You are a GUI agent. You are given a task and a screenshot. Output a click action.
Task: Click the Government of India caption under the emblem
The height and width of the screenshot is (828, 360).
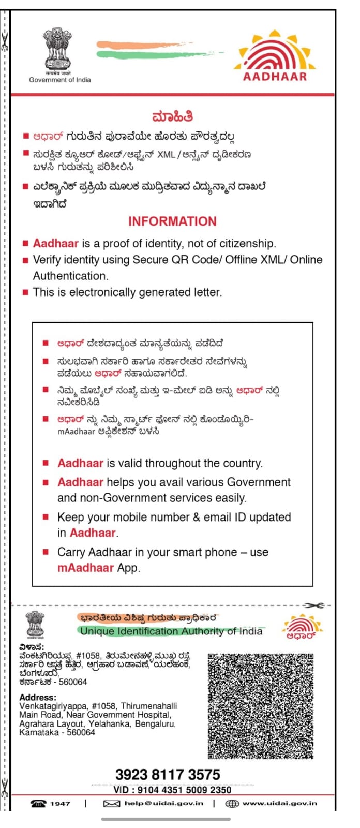click(x=60, y=80)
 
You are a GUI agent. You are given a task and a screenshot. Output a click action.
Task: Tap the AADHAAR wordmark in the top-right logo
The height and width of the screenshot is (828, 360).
click(x=275, y=77)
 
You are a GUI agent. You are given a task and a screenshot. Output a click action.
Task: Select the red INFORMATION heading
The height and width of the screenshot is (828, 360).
click(x=172, y=221)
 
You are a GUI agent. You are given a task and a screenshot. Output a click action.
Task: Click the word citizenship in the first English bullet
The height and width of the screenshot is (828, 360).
click(x=248, y=244)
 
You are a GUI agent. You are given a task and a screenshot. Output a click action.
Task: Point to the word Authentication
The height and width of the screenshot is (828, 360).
click(x=70, y=276)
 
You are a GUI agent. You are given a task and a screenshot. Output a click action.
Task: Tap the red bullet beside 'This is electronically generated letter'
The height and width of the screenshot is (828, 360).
click(x=25, y=292)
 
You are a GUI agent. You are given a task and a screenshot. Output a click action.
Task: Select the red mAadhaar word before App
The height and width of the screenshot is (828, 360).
click(x=85, y=568)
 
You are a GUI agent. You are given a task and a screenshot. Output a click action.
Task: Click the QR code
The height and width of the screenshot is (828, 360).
click(x=261, y=706)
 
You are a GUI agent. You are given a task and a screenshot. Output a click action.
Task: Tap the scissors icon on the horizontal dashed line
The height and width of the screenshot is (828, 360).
click(x=313, y=605)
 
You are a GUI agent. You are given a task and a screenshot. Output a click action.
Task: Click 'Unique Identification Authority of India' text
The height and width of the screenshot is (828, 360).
click(x=171, y=631)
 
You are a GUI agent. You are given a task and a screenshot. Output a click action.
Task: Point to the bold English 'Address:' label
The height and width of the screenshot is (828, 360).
click(x=38, y=697)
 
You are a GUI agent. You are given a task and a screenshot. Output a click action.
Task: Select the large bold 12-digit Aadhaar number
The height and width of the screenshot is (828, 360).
click(x=168, y=774)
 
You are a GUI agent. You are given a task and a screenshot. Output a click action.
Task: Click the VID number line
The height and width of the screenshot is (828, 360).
click(x=172, y=790)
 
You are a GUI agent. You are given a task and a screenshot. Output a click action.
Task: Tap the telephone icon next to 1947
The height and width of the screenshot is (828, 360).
click(x=38, y=804)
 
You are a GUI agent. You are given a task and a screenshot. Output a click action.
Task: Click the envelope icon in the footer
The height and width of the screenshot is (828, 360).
click(x=112, y=804)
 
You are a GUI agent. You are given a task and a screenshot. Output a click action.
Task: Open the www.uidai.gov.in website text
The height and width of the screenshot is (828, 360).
click(x=279, y=804)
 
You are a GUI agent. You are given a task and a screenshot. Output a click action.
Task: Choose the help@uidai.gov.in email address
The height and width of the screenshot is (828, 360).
click(x=163, y=804)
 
